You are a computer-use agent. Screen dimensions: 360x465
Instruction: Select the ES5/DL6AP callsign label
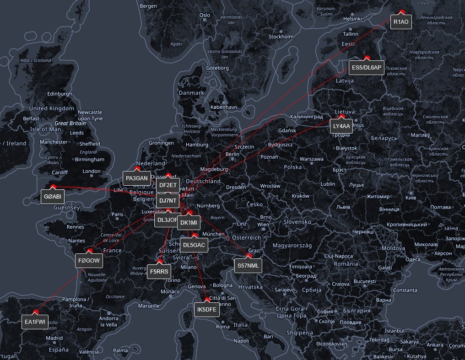[x=367, y=68]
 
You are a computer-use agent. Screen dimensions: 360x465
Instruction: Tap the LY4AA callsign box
[x=341, y=126]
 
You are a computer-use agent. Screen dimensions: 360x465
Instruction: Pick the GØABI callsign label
[x=53, y=197]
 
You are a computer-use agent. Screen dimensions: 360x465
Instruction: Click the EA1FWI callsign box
[x=35, y=322]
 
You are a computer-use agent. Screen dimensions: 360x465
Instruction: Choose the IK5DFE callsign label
[x=207, y=310]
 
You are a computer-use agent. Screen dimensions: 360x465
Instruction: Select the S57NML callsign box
[x=249, y=265]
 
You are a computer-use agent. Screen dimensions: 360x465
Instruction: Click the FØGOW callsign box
[x=89, y=261]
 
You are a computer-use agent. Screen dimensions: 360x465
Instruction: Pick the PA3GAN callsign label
[x=137, y=178]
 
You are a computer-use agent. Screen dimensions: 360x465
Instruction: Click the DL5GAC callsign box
[x=194, y=245]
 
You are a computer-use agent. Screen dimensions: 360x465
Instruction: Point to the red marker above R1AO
[x=402, y=12]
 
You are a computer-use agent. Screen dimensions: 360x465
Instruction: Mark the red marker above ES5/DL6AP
[x=367, y=58]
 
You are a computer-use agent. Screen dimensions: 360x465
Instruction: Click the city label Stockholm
[x=281, y=37]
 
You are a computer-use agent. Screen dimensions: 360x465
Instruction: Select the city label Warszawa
[x=311, y=159]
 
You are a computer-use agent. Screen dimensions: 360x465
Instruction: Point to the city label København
[x=224, y=107]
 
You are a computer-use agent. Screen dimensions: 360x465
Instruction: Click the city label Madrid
[x=54, y=338]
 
